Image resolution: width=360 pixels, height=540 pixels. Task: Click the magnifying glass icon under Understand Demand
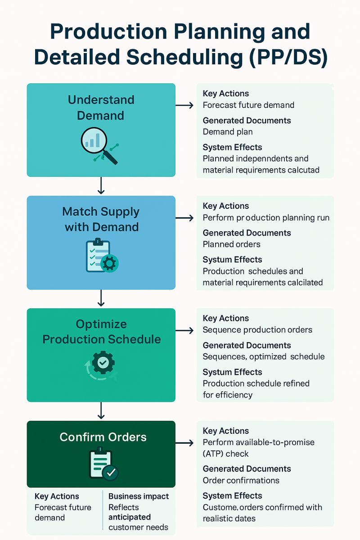pos(99,146)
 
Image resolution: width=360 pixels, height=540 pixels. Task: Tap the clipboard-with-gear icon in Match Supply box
pos(102,255)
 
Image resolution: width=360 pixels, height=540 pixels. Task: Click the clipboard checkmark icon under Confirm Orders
pos(103,464)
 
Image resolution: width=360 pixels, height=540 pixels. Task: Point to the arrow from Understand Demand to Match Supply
pos(101,185)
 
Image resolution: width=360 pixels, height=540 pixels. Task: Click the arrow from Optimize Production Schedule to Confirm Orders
pos(101,410)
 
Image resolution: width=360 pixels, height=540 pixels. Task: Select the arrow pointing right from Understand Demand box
pos(184,105)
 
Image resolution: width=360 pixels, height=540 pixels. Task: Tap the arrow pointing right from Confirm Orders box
pos(184,443)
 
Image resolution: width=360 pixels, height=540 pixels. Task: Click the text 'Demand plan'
pos(228,132)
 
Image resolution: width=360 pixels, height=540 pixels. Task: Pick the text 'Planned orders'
pos(231,244)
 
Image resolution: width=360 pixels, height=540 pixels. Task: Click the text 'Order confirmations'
pos(241,480)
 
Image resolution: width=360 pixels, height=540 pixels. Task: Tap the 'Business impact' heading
pos(139,496)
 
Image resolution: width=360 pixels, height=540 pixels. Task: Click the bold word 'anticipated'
pos(130,517)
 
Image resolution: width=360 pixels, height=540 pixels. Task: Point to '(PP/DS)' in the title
pos(288,57)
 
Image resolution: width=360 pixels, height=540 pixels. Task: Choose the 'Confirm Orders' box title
pos(103,437)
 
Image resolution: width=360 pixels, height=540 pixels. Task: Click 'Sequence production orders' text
pos(257,330)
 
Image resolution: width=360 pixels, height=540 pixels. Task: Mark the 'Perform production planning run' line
pos(266,218)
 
